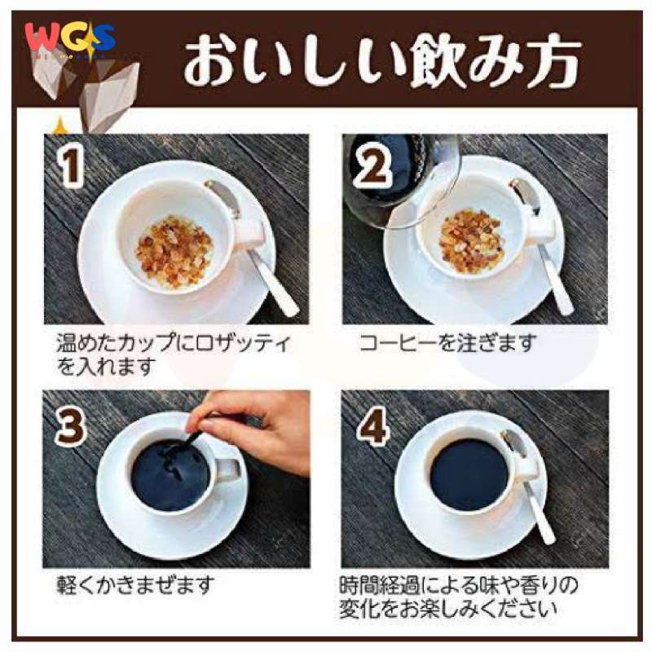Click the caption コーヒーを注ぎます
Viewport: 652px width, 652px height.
[447, 343]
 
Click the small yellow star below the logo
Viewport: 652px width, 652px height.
[59, 124]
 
